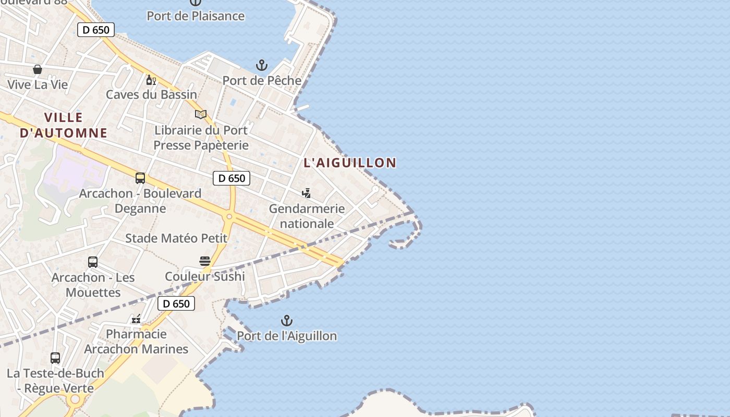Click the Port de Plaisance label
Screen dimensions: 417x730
(x=196, y=16)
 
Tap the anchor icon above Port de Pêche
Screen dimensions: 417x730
(x=262, y=65)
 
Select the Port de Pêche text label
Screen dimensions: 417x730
(x=262, y=81)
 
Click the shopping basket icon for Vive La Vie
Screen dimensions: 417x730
(x=38, y=69)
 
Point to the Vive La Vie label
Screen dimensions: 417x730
(x=38, y=84)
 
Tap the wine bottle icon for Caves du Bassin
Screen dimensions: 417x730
(x=151, y=80)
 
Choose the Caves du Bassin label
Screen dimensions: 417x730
(x=151, y=95)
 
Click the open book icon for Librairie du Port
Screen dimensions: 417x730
(x=201, y=114)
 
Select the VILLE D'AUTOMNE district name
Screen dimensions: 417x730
(x=64, y=125)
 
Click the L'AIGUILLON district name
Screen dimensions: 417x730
(x=350, y=163)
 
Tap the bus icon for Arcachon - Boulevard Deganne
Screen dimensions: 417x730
(x=140, y=178)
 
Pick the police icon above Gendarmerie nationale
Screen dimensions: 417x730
(x=307, y=193)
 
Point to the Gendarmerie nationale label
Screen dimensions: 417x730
(x=307, y=216)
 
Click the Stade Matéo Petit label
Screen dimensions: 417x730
(x=176, y=239)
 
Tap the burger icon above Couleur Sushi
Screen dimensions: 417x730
(x=205, y=261)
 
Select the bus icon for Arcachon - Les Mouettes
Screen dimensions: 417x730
(x=93, y=262)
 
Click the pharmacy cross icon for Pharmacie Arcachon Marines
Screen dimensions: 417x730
(x=137, y=319)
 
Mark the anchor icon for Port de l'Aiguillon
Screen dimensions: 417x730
(x=287, y=321)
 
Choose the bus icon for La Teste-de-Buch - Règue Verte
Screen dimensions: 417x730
(x=55, y=358)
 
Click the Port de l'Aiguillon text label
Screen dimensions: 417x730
(x=287, y=336)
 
